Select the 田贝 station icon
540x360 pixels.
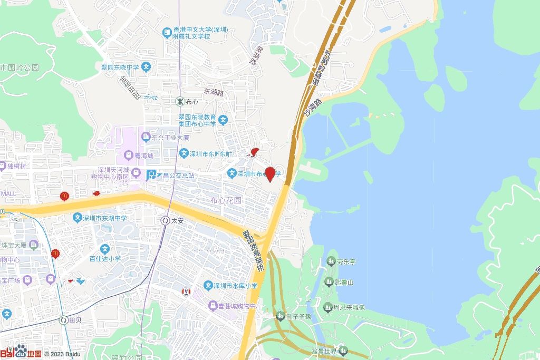pos(64,320)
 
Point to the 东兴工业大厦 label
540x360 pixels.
pos(170,138)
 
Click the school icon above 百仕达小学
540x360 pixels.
pos(105,249)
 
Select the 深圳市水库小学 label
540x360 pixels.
pos(238,286)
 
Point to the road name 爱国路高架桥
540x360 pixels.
pos(253,250)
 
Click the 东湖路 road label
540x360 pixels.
pos(214,92)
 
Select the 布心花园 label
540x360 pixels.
pos(226,200)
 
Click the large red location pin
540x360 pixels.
pos(270,173)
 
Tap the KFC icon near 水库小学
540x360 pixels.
pos(186,291)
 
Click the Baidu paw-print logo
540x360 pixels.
pos(21,351)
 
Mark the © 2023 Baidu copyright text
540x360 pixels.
pos(62,354)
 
